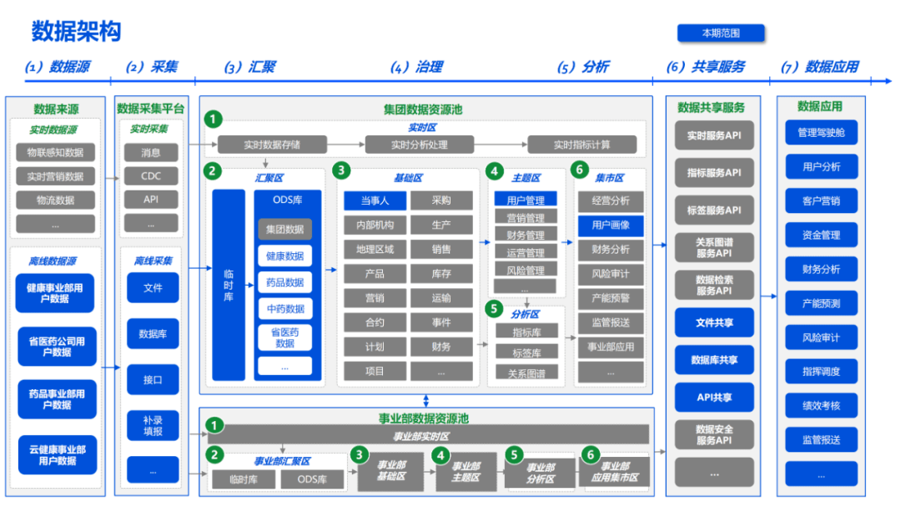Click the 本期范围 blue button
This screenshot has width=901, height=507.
[721, 33]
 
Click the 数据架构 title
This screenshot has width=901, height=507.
[77, 32]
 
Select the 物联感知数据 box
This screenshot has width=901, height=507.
[56, 152]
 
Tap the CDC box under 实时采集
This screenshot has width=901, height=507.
[151, 175]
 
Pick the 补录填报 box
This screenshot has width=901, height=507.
[153, 424]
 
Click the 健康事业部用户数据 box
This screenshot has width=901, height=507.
[56, 292]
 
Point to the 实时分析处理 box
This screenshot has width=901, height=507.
[420, 144]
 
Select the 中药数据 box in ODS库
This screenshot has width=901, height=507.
[284, 309]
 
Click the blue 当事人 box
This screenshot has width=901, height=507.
[375, 200]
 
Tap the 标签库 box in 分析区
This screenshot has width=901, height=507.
[526, 352]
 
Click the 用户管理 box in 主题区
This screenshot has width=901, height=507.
[526, 200]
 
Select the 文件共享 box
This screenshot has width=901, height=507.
[714, 322]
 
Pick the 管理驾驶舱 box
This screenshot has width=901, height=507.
[821, 132]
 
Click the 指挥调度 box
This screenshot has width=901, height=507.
[821, 372]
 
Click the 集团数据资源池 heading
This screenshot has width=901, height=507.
[423, 109]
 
